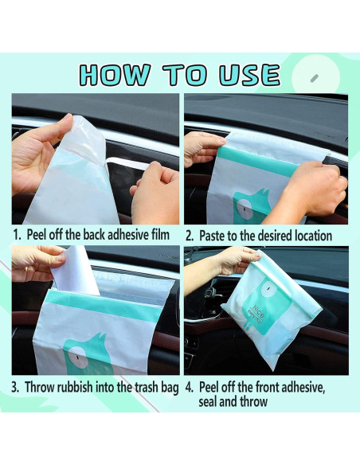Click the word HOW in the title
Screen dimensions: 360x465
tap(115, 74)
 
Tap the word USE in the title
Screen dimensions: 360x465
tap(249, 74)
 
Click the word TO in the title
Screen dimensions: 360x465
tap(184, 74)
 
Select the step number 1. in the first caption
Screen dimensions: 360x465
tap(18, 235)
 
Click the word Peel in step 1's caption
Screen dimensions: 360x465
tap(37, 235)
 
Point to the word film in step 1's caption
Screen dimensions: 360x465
tap(161, 235)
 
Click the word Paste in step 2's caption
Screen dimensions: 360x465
tap(212, 236)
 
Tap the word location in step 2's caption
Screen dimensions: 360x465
tap(313, 236)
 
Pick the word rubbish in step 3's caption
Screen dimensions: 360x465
tap(75, 387)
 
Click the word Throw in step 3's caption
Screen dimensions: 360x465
tap(40, 387)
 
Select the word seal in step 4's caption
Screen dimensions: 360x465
tap(207, 402)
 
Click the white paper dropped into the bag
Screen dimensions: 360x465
tap(75, 271)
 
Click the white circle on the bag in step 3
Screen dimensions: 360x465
tap(78, 358)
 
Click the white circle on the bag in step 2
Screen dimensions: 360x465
tap(246, 209)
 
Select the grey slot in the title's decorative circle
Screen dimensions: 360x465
tap(315, 79)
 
